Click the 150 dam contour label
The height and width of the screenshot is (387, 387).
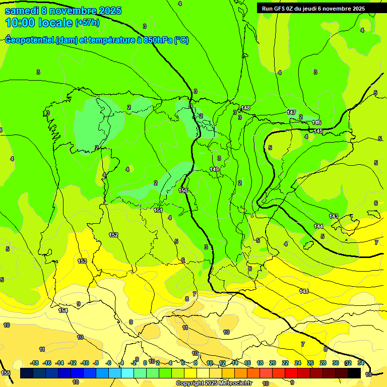pos(183,190)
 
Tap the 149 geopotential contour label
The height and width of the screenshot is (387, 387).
pos(214,170)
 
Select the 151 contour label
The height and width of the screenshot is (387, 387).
pos(158,210)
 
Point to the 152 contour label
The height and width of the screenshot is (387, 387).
pos(113,235)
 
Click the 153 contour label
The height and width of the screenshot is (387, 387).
pos(82,261)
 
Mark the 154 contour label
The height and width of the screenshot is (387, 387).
pos(63,310)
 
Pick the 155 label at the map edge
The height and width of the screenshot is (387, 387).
pos(5,373)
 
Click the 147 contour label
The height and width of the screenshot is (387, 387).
pos(291,112)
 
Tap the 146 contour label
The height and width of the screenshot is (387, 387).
pos(316,122)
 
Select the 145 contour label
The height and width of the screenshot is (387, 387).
pos(318,131)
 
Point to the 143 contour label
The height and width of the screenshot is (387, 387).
pos(334,216)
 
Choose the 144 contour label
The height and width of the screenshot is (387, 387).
pos(318,226)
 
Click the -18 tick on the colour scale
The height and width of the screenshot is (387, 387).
pos(35,363)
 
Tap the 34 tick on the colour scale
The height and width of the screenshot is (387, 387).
pos(361,363)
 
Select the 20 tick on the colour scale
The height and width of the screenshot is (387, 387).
pos(273,363)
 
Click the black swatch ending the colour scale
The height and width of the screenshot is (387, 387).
pos(354,373)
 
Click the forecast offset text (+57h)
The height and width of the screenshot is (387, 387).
pos(87,23)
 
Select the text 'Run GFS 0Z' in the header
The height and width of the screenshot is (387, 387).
pos(279,9)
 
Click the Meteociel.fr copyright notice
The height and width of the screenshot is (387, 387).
pos(214,383)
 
